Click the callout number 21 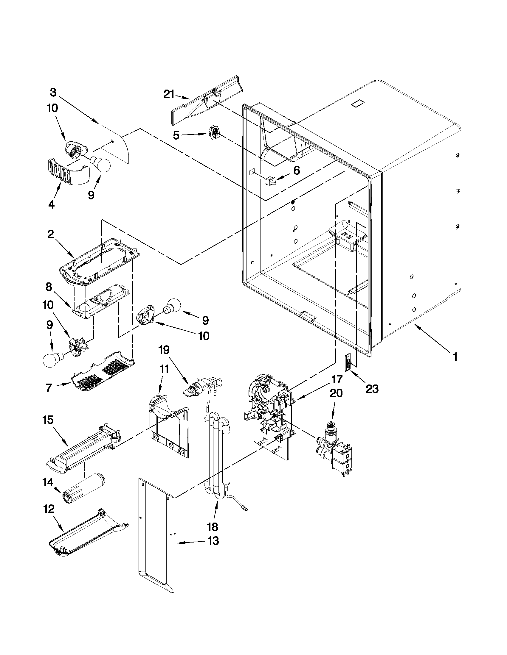point(169,94)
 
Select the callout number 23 point(372,389)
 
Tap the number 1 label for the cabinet point(455,357)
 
